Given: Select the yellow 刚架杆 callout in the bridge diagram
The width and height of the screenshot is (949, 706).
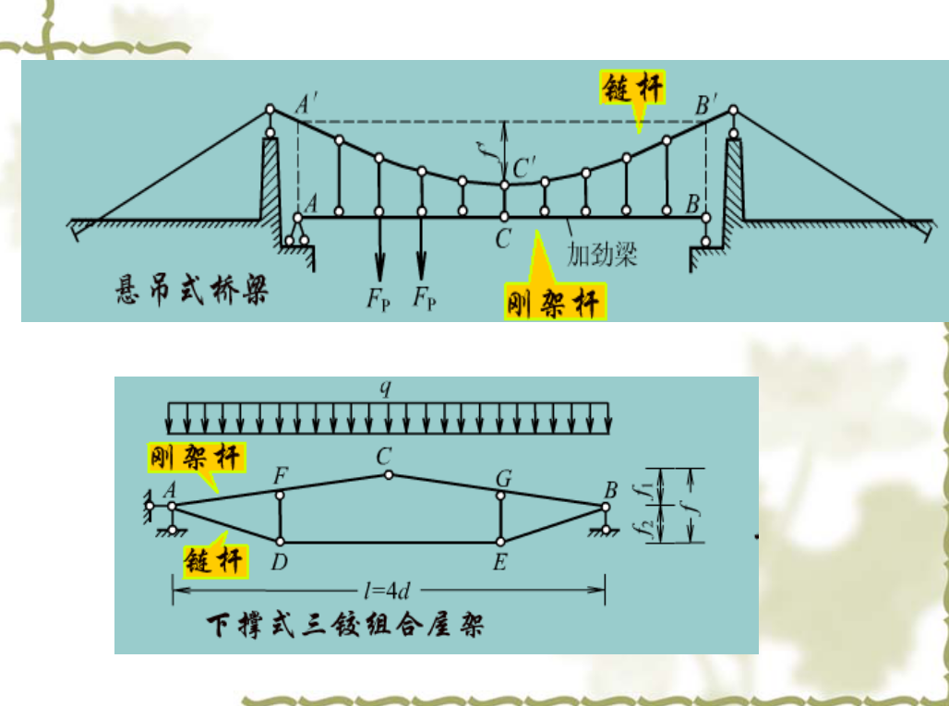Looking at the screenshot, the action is point(555,301).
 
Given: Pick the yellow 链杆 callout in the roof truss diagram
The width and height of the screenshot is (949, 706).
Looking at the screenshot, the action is point(214,559).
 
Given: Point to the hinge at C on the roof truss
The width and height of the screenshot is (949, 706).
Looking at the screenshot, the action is point(390,474).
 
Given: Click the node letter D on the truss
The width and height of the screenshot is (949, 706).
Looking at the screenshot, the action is point(280,561).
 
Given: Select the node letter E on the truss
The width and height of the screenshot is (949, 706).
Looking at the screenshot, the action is point(499,561).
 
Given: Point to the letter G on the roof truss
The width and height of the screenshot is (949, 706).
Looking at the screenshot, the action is point(503,477).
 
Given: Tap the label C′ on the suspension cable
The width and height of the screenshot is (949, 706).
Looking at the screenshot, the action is point(523,168).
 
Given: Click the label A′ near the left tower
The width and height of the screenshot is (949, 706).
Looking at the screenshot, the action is point(306,106).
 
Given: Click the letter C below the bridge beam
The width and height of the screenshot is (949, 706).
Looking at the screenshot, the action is point(503,238).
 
